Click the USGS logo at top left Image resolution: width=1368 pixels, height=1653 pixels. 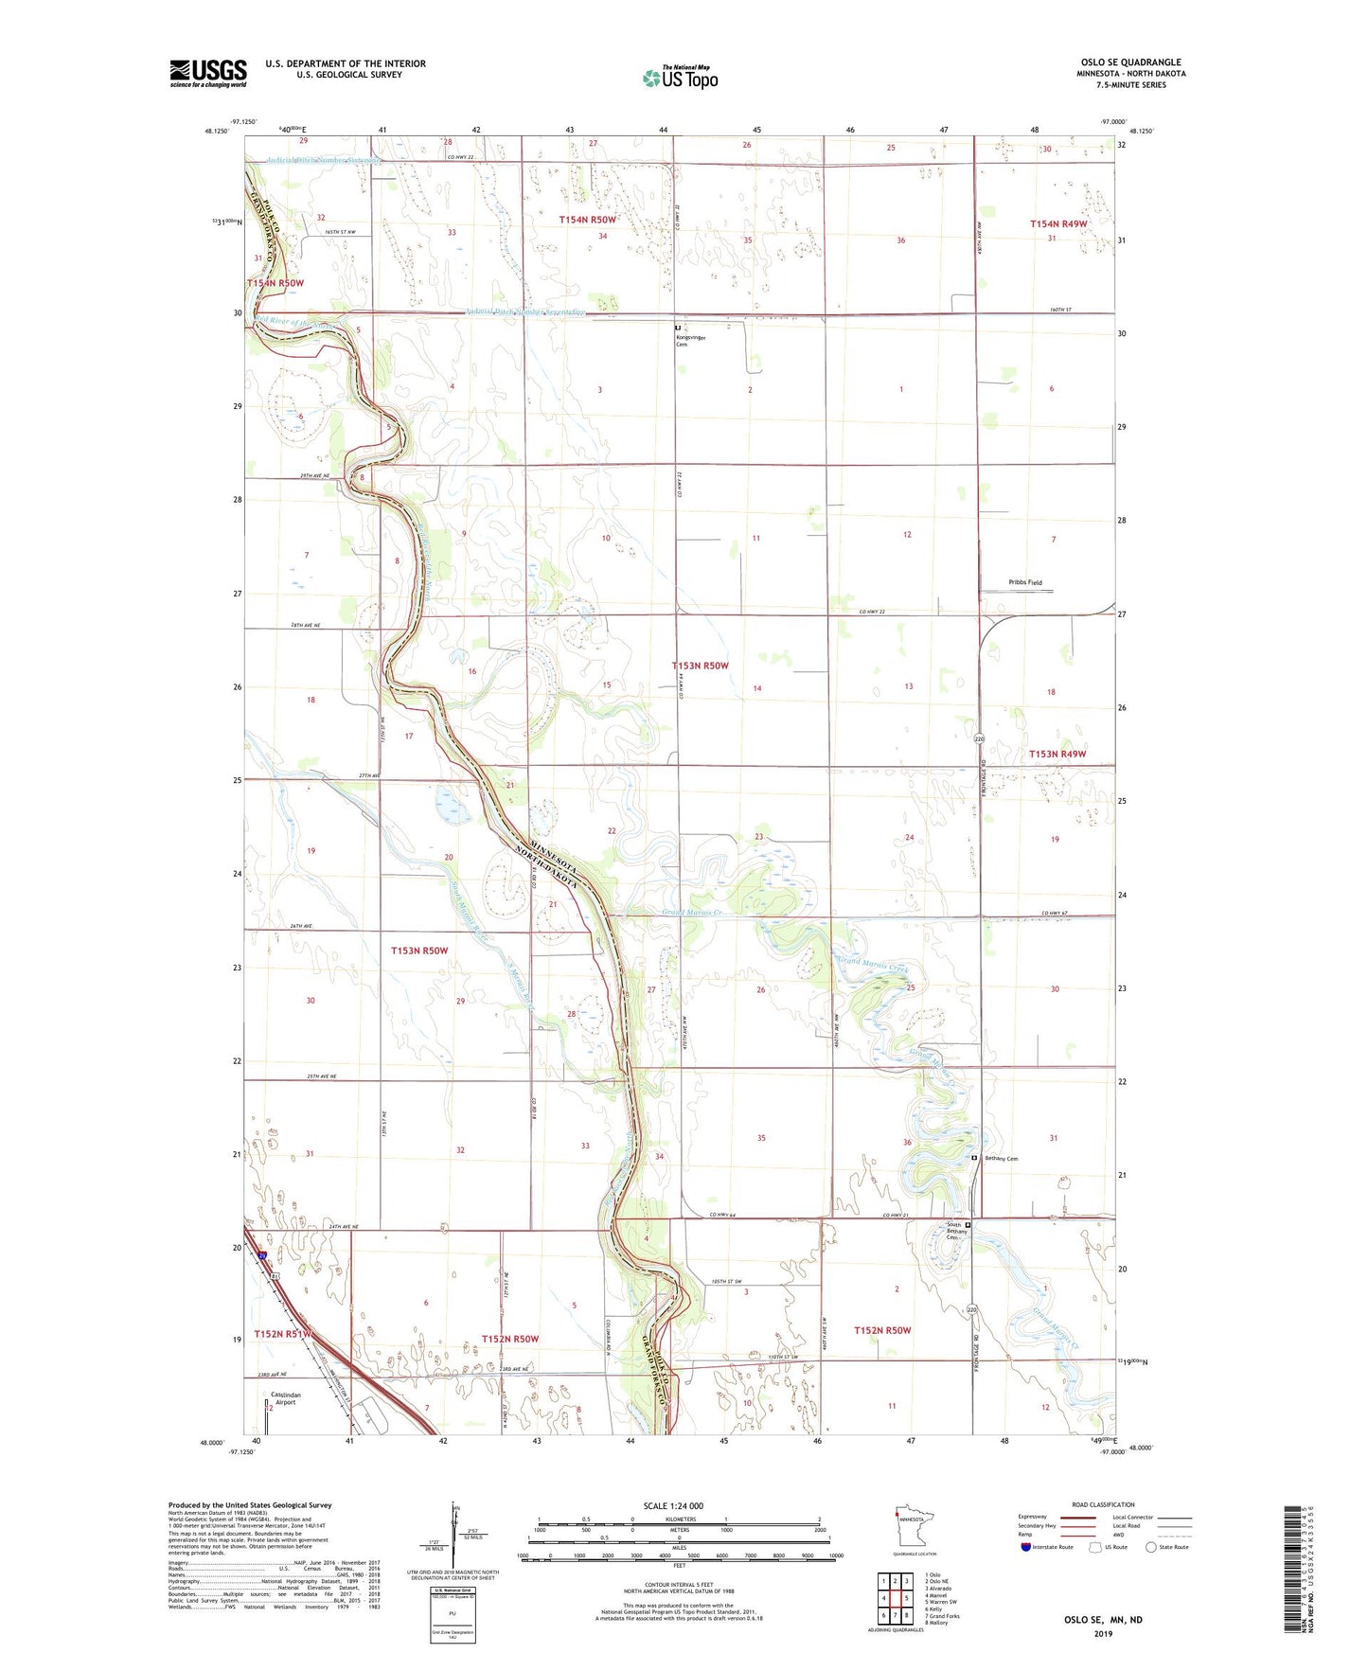[208, 73]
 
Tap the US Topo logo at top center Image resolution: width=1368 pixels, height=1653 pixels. [680, 77]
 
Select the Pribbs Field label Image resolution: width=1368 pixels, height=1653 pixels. [1025, 582]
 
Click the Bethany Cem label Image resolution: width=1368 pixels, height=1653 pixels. [1001, 1158]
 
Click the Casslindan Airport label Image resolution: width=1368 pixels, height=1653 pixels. [285, 1398]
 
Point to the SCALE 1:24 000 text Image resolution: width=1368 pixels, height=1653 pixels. [672, 1505]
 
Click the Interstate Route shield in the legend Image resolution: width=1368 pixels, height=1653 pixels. [1026, 1547]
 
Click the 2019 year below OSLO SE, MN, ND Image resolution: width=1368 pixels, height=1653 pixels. [1103, 1632]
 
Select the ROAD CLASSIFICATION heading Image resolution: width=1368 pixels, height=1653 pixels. [1103, 1503]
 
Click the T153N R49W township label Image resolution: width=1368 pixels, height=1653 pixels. [1057, 754]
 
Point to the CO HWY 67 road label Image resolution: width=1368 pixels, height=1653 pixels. [1054, 914]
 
